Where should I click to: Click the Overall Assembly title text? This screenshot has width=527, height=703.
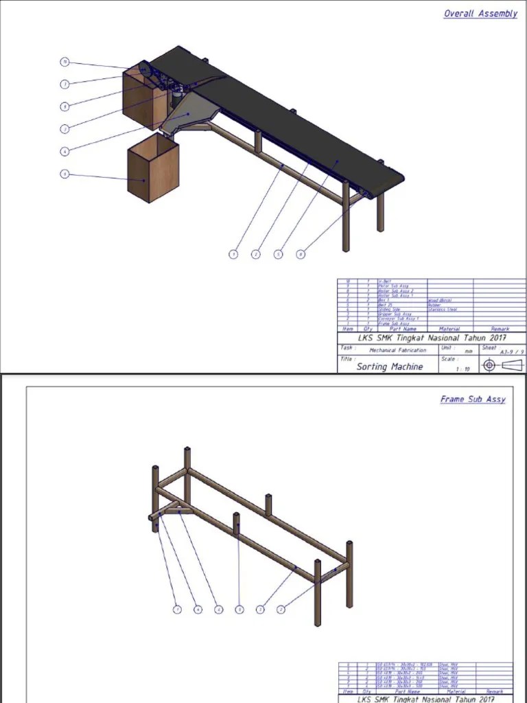(x=480, y=14)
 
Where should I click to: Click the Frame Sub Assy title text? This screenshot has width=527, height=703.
(x=473, y=399)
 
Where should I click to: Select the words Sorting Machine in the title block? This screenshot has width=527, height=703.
(x=389, y=367)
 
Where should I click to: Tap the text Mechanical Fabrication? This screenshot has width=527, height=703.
(x=397, y=350)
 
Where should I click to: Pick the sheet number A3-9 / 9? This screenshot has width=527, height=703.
(x=511, y=352)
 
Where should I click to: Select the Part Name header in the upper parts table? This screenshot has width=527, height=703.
(x=403, y=330)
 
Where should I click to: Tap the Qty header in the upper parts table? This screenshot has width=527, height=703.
(x=368, y=330)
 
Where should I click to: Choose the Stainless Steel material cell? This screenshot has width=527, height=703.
(x=442, y=310)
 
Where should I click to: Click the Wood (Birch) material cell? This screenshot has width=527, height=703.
(x=440, y=300)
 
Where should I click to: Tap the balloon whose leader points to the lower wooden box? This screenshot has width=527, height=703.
(x=65, y=174)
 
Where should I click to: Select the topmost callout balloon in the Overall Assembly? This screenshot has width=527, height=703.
(x=65, y=62)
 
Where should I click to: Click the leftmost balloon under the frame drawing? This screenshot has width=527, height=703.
(x=177, y=609)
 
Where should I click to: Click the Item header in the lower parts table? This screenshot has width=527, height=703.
(x=348, y=691)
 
